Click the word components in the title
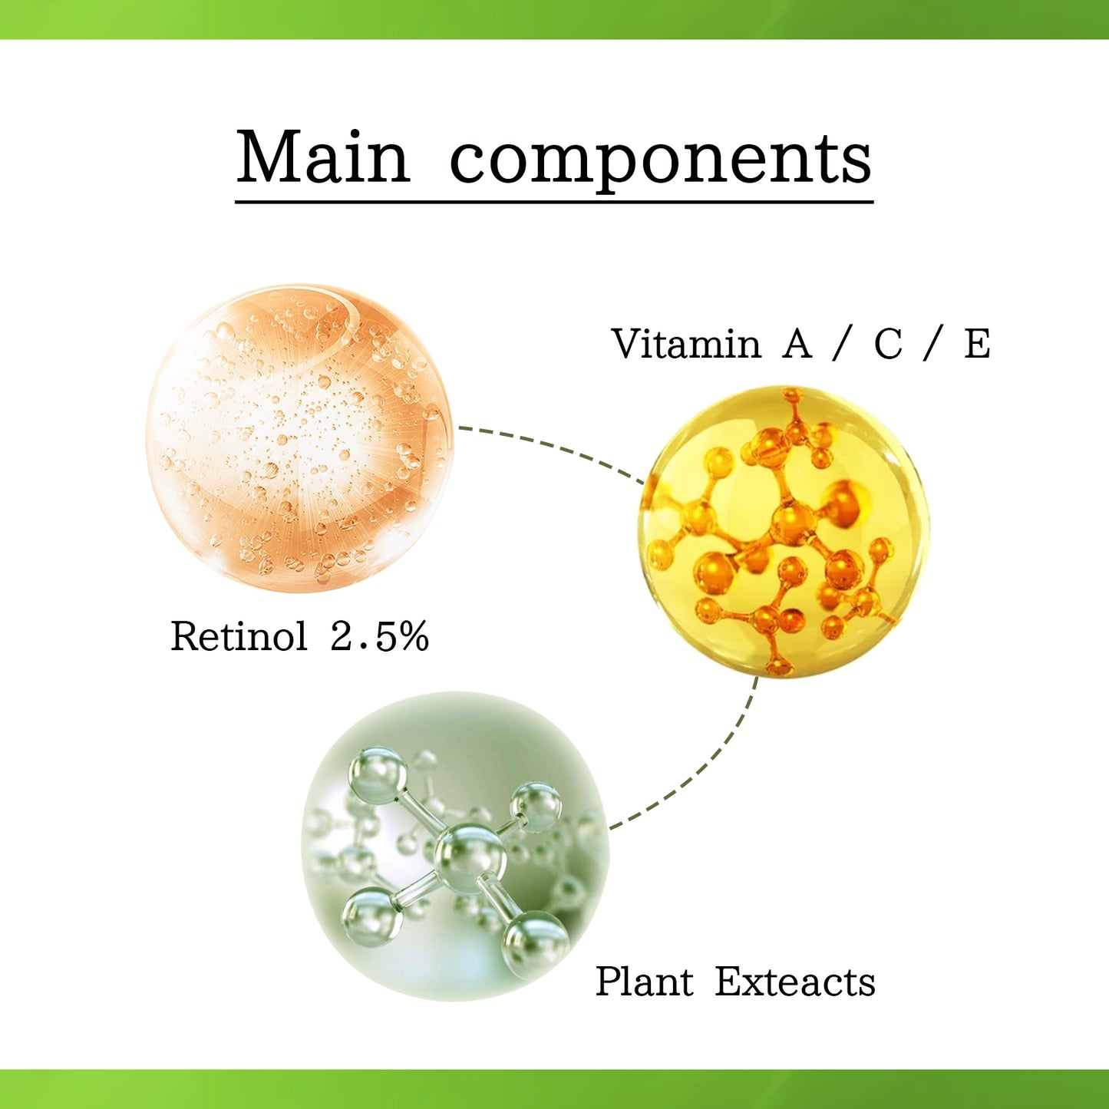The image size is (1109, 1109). (x=660, y=161)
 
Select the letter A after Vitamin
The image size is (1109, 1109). (x=797, y=344)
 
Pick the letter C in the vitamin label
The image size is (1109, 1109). (x=888, y=344)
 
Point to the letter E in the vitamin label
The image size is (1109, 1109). (x=977, y=344)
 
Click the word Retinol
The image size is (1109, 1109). (x=239, y=636)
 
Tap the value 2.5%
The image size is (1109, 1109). (x=379, y=636)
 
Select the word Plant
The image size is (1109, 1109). (x=644, y=982)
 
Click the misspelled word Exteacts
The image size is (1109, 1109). (x=795, y=982)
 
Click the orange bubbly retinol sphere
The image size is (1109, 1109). (x=299, y=437)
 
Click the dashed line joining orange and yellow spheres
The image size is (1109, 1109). (x=553, y=445)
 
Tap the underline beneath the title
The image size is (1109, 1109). (x=554, y=202)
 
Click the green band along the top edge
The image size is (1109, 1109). (x=554, y=19)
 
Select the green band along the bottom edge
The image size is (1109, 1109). (x=554, y=1090)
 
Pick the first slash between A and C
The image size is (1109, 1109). (x=843, y=344)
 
